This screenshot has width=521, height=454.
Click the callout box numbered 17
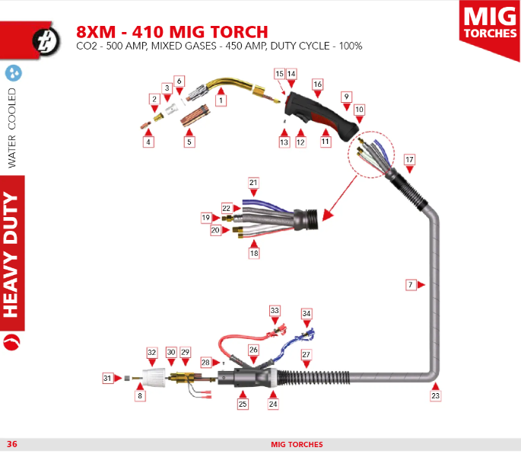[x=409, y=159]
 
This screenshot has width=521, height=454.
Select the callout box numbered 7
[x=411, y=285]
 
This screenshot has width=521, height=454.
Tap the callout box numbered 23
[x=435, y=396]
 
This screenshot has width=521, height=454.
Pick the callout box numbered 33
[x=275, y=311]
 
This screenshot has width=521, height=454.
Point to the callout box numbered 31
[x=107, y=378]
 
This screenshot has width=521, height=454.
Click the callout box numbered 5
[x=189, y=142]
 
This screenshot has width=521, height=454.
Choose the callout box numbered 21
[x=253, y=183]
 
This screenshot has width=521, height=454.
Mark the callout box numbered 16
[x=318, y=85]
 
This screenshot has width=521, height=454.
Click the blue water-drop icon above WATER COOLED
[x=14, y=73]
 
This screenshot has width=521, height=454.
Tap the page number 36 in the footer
[x=12, y=444]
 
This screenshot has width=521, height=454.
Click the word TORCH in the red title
[x=240, y=32]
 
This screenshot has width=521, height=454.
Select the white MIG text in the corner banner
[x=490, y=16]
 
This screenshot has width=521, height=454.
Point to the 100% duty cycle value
[x=351, y=46]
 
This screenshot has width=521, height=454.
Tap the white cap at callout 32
[x=154, y=378]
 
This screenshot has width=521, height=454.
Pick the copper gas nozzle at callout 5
[x=195, y=116]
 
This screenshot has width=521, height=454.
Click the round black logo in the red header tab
[x=46, y=40]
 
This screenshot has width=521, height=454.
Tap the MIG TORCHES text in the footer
[x=297, y=444]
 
